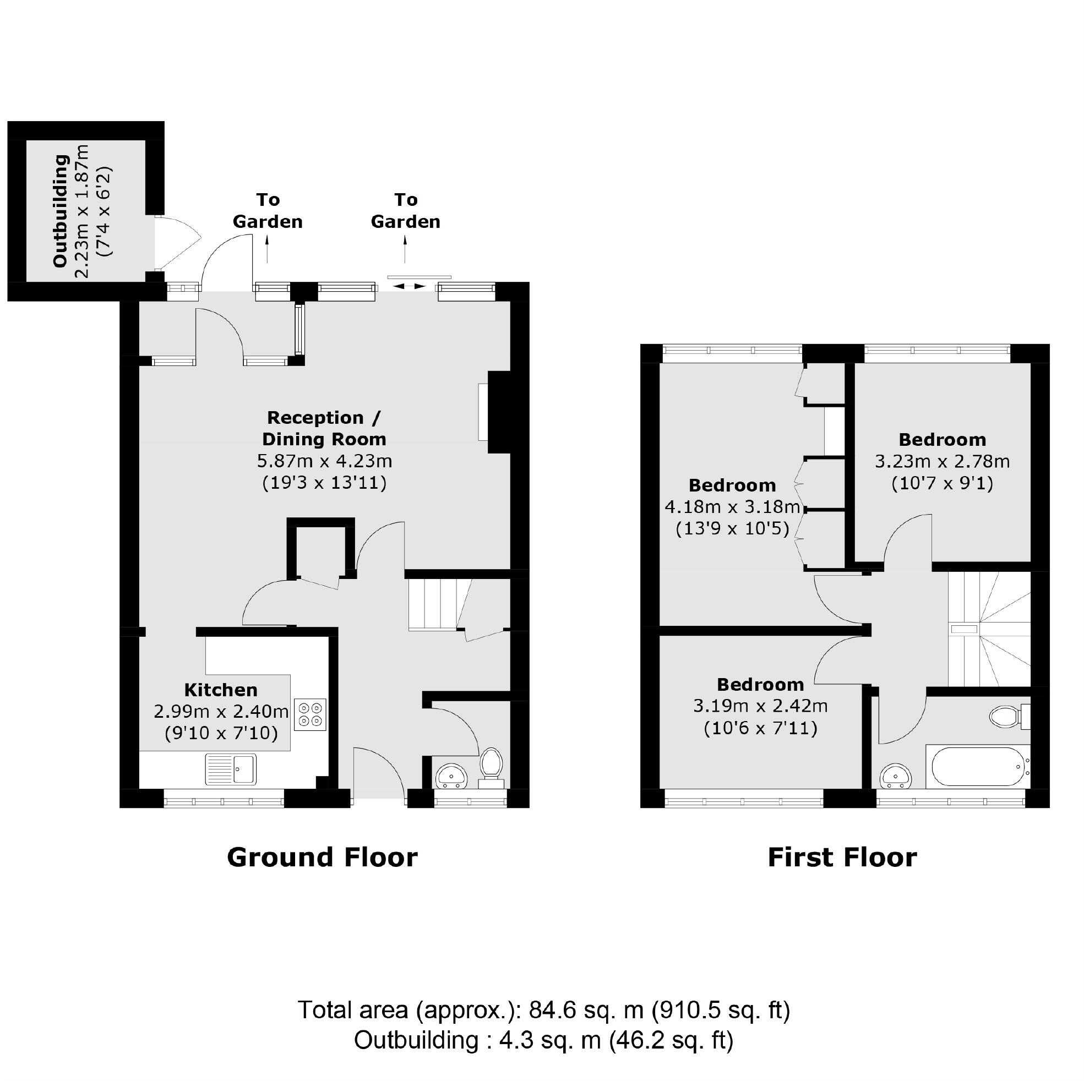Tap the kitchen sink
(231, 768)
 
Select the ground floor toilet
(492, 764)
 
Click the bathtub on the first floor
(977, 767)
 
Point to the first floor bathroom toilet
(1007, 717)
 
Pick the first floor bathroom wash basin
(896, 777)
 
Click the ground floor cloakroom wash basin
(451, 777)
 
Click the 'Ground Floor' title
(322, 858)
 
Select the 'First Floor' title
(842, 858)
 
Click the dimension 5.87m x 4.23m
(324, 461)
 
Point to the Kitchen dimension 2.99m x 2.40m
(221, 711)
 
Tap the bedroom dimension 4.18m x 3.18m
(732, 506)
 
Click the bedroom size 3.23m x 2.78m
(942, 461)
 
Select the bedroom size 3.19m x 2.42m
(760, 706)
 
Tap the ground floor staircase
(438, 605)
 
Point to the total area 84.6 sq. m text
(543, 1011)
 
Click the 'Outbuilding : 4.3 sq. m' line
(543, 1040)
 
